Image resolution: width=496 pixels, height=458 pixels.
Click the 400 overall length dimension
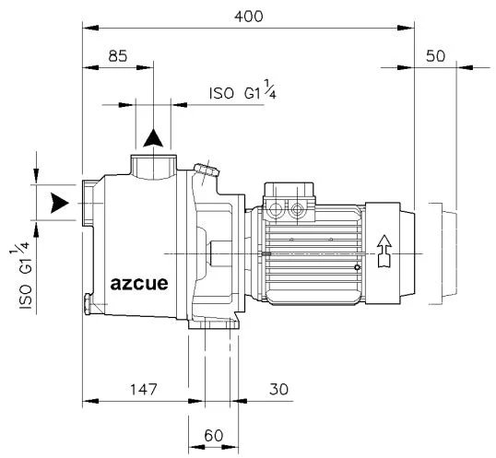click(x=248, y=17)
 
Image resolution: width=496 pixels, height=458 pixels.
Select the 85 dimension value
click(x=118, y=56)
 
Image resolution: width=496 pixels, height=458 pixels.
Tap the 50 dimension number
click(x=435, y=56)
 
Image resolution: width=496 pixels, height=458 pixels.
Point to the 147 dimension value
click(x=144, y=390)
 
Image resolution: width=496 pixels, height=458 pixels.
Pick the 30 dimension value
click(x=278, y=390)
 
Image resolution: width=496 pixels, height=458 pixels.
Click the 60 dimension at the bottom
click(x=214, y=436)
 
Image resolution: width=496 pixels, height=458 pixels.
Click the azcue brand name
click(x=139, y=284)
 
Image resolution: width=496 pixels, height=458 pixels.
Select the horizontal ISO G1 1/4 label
click(x=242, y=90)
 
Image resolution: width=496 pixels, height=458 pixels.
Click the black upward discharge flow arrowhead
click(x=153, y=138)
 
